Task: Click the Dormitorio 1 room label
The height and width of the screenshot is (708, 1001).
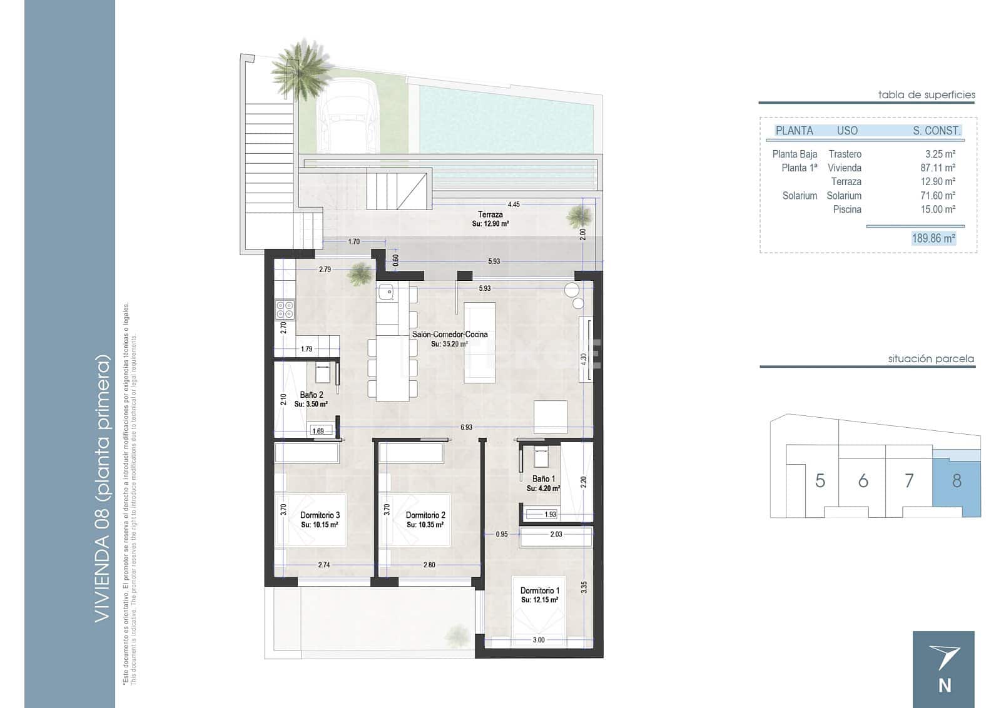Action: (539, 590)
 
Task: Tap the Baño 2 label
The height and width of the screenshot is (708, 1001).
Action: (311, 395)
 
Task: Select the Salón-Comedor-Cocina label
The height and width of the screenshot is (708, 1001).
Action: (449, 334)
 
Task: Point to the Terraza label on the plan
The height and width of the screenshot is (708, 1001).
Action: (490, 215)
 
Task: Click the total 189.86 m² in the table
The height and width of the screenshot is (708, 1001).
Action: (933, 238)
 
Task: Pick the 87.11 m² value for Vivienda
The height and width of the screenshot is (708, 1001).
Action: (937, 168)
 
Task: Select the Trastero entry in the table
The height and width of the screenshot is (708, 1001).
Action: (845, 154)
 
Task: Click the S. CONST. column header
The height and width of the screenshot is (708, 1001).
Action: (936, 131)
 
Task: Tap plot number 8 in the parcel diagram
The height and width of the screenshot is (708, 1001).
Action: (957, 480)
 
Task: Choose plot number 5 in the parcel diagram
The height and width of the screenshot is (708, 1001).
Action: (820, 480)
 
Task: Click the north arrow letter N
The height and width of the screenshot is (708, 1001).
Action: (945, 685)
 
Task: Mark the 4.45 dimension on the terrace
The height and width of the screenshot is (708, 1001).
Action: (514, 205)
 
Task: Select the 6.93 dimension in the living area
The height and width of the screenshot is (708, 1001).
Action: (466, 427)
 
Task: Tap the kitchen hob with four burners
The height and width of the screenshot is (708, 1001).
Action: (285, 310)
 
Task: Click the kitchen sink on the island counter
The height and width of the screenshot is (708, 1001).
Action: (386, 291)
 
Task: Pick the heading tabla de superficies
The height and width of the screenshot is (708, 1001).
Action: (926, 95)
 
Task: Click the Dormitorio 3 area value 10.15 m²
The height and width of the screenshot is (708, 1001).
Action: (319, 525)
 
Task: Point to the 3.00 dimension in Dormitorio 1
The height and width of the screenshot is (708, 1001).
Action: (538, 640)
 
